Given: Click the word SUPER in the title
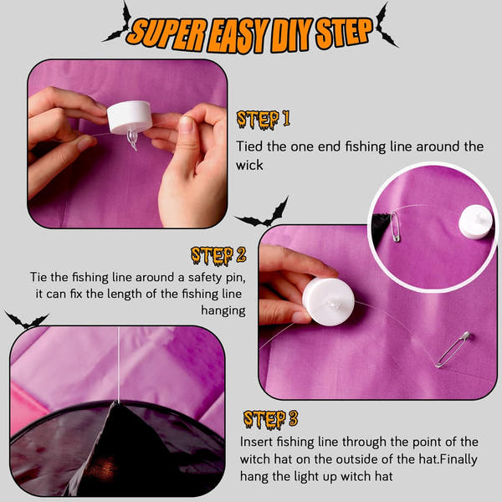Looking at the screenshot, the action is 167,33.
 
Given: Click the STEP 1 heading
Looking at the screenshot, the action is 264,120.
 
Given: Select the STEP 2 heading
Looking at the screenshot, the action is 218,256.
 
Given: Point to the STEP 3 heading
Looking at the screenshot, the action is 271,419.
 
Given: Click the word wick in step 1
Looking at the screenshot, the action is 249,165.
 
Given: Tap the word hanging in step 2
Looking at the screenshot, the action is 223,310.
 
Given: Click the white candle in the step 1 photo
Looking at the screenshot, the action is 130,117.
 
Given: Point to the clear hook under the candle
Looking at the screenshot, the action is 132,139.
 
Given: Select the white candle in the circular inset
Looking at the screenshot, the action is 475,222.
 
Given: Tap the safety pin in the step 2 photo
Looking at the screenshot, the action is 453,350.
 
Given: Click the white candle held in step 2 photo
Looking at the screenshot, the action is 328,301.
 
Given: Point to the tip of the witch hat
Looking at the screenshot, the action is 115,403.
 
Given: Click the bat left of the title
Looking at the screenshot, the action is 117,23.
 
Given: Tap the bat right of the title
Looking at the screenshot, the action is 387,26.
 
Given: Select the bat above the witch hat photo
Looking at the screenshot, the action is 27,320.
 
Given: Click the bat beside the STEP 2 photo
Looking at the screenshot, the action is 264,213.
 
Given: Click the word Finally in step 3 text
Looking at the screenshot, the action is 458,459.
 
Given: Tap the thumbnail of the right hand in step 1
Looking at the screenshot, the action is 187,124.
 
